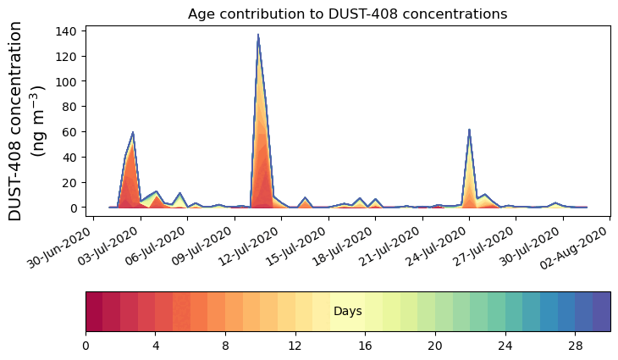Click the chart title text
[x=347, y=14]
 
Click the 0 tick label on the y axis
[x=74, y=208]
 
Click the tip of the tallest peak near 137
[x=257, y=36]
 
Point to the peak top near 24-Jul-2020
[x=469, y=130]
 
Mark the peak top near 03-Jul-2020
[x=133, y=133]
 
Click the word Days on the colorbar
[x=347, y=312]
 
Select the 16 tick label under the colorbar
[x=365, y=346]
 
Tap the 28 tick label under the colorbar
[x=575, y=346]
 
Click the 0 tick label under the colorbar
[x=86, y=346]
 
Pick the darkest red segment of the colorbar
[x=94, y=311]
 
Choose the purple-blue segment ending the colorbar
[x=601, y=311]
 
